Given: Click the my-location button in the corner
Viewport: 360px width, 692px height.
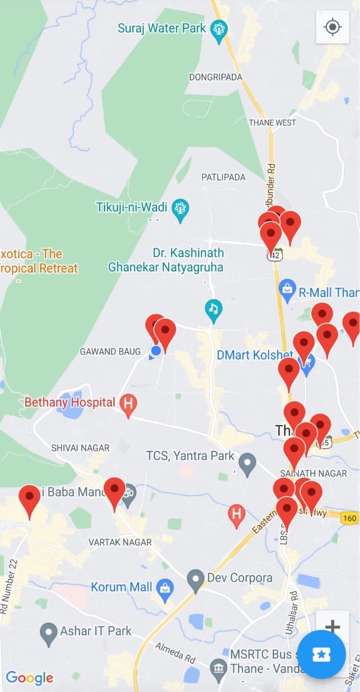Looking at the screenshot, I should point(332,27).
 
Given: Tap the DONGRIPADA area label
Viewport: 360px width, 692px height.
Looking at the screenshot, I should point(215,77).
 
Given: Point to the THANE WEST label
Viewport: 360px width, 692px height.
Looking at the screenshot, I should point(272,122).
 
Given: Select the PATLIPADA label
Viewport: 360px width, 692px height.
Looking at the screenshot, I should point(223,177).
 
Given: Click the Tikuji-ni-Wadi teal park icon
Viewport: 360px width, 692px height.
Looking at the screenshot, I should point(181,210).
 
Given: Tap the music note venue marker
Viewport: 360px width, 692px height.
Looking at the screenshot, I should point(213,309).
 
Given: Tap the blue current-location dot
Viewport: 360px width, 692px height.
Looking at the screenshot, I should point(156,351).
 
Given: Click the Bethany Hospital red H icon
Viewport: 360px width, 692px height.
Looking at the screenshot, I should point(128,404).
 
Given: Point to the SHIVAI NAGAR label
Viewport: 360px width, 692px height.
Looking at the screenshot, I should point(80,448).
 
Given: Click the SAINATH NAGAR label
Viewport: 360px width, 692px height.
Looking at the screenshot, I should point(313,473).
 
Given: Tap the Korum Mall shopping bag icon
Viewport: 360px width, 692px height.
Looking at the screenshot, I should point(165,588).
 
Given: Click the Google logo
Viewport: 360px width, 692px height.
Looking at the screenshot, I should point(30,677).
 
